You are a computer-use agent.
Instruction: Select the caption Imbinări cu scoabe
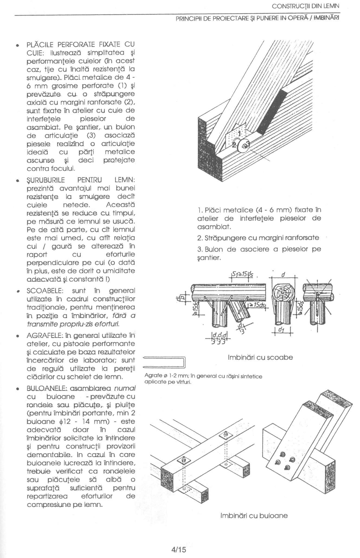260,357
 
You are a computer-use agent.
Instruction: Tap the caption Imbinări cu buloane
254,515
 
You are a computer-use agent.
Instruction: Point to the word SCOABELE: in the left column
45,291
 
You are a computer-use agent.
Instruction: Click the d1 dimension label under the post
283,330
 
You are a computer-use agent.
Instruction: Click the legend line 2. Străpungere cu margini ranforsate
258,238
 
